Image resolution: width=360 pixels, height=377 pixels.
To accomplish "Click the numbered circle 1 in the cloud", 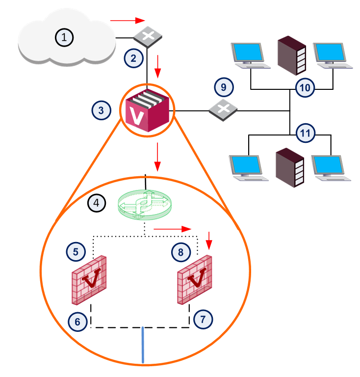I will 64,37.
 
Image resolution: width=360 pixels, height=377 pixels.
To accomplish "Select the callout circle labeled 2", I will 133,58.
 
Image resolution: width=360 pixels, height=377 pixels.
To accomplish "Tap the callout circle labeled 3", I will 101,110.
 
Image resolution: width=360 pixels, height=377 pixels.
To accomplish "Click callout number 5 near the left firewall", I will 76,252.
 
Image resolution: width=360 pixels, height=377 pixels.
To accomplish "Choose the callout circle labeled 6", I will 77,322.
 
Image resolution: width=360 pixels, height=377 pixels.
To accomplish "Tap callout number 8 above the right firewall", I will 180,253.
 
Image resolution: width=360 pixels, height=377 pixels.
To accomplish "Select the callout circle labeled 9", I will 224,88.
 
